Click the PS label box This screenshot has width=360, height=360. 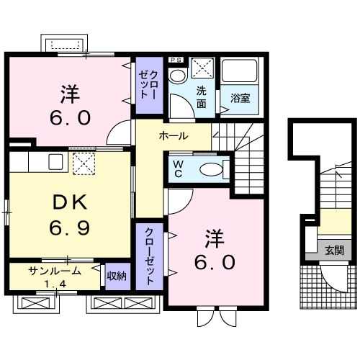(176, 60)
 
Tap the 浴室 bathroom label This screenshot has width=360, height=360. (240, 98)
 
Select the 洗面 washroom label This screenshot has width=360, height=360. (202, 97)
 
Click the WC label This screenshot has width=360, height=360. (178, 169)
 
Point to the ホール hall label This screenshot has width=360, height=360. (174, 136)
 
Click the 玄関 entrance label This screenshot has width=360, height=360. (335, 251)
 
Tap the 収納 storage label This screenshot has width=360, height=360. (117, 276)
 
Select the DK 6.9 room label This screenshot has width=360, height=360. (70, 215)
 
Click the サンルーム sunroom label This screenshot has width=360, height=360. (55, 271)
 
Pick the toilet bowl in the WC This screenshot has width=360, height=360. (211, 169)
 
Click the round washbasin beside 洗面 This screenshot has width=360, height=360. (178, 76)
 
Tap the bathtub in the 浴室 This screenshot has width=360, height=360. (239, 71)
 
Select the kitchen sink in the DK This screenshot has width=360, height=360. (55, 162)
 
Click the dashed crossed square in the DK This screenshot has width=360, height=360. (84, 163)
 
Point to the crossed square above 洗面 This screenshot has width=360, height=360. (202, 68)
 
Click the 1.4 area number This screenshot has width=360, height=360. (55, 284)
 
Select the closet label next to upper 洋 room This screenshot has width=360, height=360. (148, 85)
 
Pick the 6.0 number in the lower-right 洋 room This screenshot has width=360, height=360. (215, 262)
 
